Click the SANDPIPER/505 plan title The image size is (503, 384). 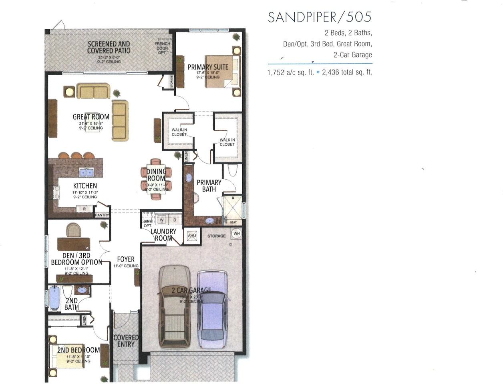[320, 17]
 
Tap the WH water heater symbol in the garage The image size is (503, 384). [236, 234]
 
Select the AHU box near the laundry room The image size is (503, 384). [192, 236]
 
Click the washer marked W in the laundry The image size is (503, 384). [162, 220]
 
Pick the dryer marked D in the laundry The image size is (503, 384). [175, 220]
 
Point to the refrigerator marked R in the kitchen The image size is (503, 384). [84, 208]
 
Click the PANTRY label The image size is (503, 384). [102, 215]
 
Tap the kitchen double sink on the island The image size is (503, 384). [86, 172]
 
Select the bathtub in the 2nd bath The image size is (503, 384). [54, 298]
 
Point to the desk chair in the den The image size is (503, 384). [73, 230]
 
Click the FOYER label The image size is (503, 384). [126, 259]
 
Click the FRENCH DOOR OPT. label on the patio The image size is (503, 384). [162, 48]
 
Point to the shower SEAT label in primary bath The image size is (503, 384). [233, 222]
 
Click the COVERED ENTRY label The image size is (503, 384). [126, 341]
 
